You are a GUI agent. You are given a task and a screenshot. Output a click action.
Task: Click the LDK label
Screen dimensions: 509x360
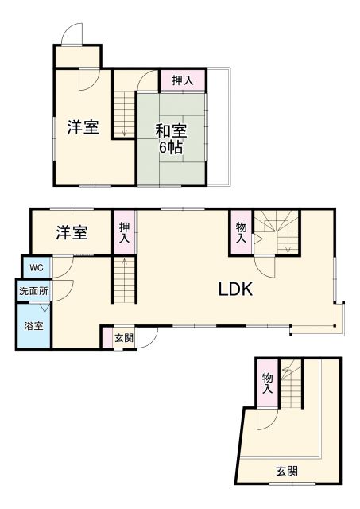(236, 289)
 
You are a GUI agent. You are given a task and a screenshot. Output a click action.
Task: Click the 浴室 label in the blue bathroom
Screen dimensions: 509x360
(33, 326)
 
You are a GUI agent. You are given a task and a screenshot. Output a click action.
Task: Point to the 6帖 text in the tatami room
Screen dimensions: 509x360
(171, 148)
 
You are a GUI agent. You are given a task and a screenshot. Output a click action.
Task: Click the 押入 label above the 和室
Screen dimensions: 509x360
(183, 80)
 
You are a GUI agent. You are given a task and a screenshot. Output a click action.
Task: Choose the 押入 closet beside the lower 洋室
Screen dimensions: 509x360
(124, 231)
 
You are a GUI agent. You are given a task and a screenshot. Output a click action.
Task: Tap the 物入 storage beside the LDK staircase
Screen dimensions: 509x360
(242, 231)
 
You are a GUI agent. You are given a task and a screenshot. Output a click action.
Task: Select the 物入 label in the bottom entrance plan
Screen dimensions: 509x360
(267, 383)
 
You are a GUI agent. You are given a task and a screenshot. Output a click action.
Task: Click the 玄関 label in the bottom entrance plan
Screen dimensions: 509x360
(288, 471)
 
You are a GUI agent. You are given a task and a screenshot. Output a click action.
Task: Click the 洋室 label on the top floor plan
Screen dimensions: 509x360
(83, 127)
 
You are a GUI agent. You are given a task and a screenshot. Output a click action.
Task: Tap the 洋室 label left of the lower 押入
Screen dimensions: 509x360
(72, 233)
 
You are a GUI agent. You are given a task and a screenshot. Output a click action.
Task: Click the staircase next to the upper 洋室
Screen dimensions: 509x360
(124, 112)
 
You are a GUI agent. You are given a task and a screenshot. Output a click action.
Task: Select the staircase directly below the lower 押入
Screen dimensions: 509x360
(124, 279)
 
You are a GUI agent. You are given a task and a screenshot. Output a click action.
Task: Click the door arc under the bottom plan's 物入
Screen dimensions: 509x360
(268, 419)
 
